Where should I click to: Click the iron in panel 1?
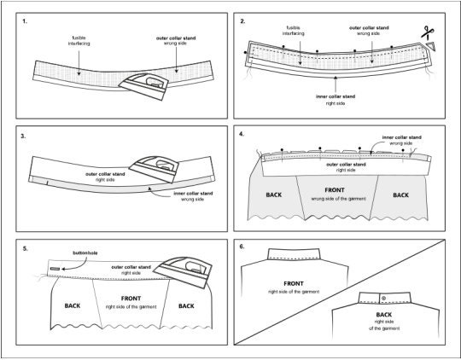143,86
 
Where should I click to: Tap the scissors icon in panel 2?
427,32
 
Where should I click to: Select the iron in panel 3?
155,169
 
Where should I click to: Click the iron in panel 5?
183,272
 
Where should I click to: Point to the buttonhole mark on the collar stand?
55,269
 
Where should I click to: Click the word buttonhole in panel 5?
85,253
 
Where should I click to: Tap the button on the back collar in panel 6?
383,299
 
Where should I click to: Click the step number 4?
242,134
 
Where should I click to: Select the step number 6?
242,247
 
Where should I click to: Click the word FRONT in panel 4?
335,190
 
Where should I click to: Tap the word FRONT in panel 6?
294,283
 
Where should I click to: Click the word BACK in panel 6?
384,315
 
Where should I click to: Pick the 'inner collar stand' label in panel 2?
336,100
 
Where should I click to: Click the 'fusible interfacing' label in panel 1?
79,41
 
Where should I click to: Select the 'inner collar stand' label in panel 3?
193,196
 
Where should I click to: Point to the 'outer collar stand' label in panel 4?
346,167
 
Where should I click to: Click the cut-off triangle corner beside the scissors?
431,46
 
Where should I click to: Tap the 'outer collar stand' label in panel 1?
176,41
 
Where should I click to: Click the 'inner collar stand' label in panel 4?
401,140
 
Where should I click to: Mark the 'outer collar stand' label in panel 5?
131,270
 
